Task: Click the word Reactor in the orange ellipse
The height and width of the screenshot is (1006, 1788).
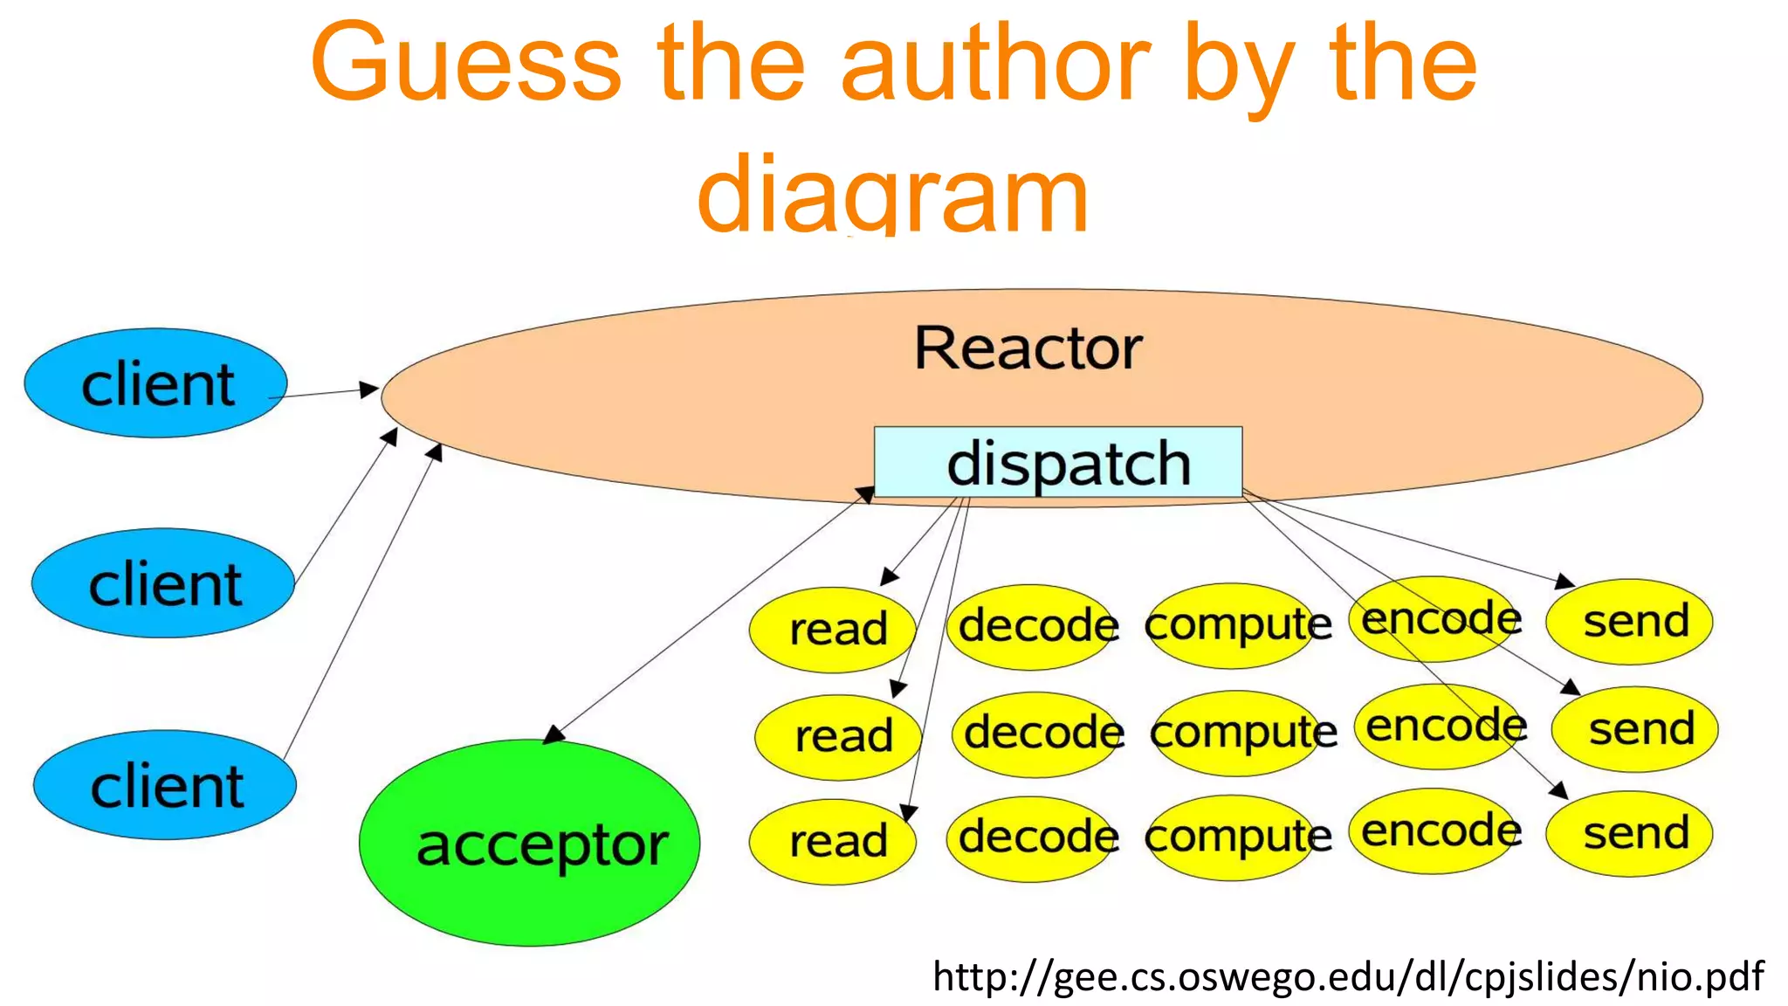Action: [x=1028, y=348]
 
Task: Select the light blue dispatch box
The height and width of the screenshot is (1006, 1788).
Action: [x=1058, y=462]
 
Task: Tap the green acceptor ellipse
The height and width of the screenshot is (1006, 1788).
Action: [x=530, y=843]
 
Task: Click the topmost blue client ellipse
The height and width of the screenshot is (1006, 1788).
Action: [x=155, y=383]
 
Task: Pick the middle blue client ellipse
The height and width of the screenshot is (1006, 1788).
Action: [x=163, y=582]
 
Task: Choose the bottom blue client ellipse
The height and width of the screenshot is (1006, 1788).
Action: [x=165, y=784]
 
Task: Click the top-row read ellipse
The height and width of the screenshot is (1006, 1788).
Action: [x=833, y=629]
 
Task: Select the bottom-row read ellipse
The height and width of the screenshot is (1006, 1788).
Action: [x=833, y=841]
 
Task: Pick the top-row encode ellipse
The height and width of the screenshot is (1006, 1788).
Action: [x=1438, y=618]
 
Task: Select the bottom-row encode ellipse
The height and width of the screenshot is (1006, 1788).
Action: [x=1438, y=830]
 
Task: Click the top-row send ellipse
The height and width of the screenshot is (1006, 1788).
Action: [x=1630, y=621]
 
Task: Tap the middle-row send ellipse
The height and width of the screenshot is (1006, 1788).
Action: [x=1635, y=728]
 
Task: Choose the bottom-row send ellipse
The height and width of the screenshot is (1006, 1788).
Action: [x=1630, y=833]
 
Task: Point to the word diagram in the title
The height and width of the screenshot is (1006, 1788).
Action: [x=892, y=194]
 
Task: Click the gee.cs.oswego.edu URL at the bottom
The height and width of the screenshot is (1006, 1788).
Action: [x=1347, y=975]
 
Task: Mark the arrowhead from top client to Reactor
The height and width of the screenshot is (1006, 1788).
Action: [x=370, y=389]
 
